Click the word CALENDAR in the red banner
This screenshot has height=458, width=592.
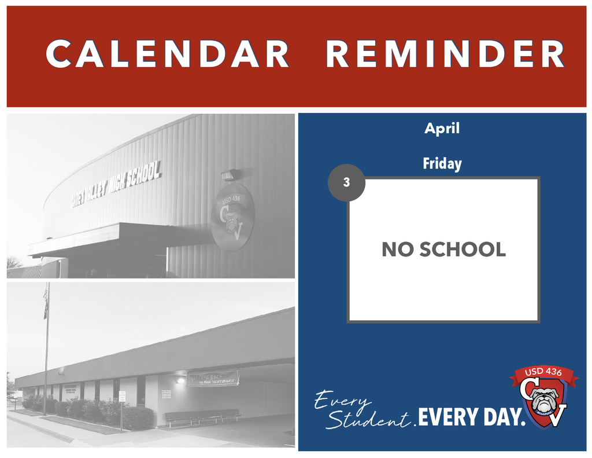tap(167, 54)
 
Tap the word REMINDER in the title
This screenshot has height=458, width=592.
tap(445, 54)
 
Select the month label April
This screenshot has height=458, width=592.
tap(442, 129)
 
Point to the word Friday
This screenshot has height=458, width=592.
tap(442, 164)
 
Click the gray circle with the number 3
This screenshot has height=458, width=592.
tap(346, 182)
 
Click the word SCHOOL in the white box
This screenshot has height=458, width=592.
tap(462, 250)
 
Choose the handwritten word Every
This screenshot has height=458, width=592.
tap(342, 400)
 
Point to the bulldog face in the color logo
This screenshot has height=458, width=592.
tap(543, 400)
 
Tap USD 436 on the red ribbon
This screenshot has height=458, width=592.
tap(543, 372)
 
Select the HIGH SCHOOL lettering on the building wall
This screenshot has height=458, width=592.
tap(135, 178)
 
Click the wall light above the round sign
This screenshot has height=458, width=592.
tap(228, 175)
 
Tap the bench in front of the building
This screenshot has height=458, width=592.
tap(202, 415)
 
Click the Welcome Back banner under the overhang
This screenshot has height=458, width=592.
tap(213, 378)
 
